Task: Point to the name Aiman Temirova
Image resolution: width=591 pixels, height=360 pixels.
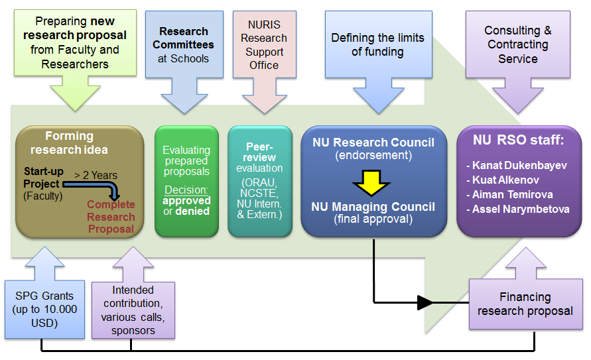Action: coord(512,195)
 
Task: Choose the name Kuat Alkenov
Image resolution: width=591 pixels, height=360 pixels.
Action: coord(506,180)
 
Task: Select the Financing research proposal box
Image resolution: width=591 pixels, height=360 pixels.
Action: coord(525,304)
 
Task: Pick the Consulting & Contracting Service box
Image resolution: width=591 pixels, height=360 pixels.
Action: coord(517,44)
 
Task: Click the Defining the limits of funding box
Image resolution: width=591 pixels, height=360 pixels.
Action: coord(377,44)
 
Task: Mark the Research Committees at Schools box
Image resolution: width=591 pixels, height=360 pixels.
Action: coord(184,44)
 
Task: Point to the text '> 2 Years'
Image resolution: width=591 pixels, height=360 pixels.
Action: coord(96,175)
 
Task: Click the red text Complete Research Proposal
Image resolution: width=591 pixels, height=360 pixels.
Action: coord(111,217)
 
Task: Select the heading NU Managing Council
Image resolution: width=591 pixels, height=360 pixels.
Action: coord(373,207)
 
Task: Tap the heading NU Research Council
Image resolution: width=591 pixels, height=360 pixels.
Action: coord(373,143)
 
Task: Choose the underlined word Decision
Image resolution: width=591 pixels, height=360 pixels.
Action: coord(186,190)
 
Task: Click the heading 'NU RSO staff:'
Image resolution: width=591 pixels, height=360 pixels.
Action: coord(519,140)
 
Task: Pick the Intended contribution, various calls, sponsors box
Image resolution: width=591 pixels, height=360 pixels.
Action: coord(133,309)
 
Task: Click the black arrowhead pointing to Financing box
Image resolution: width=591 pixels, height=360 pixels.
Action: coord(427,303)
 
